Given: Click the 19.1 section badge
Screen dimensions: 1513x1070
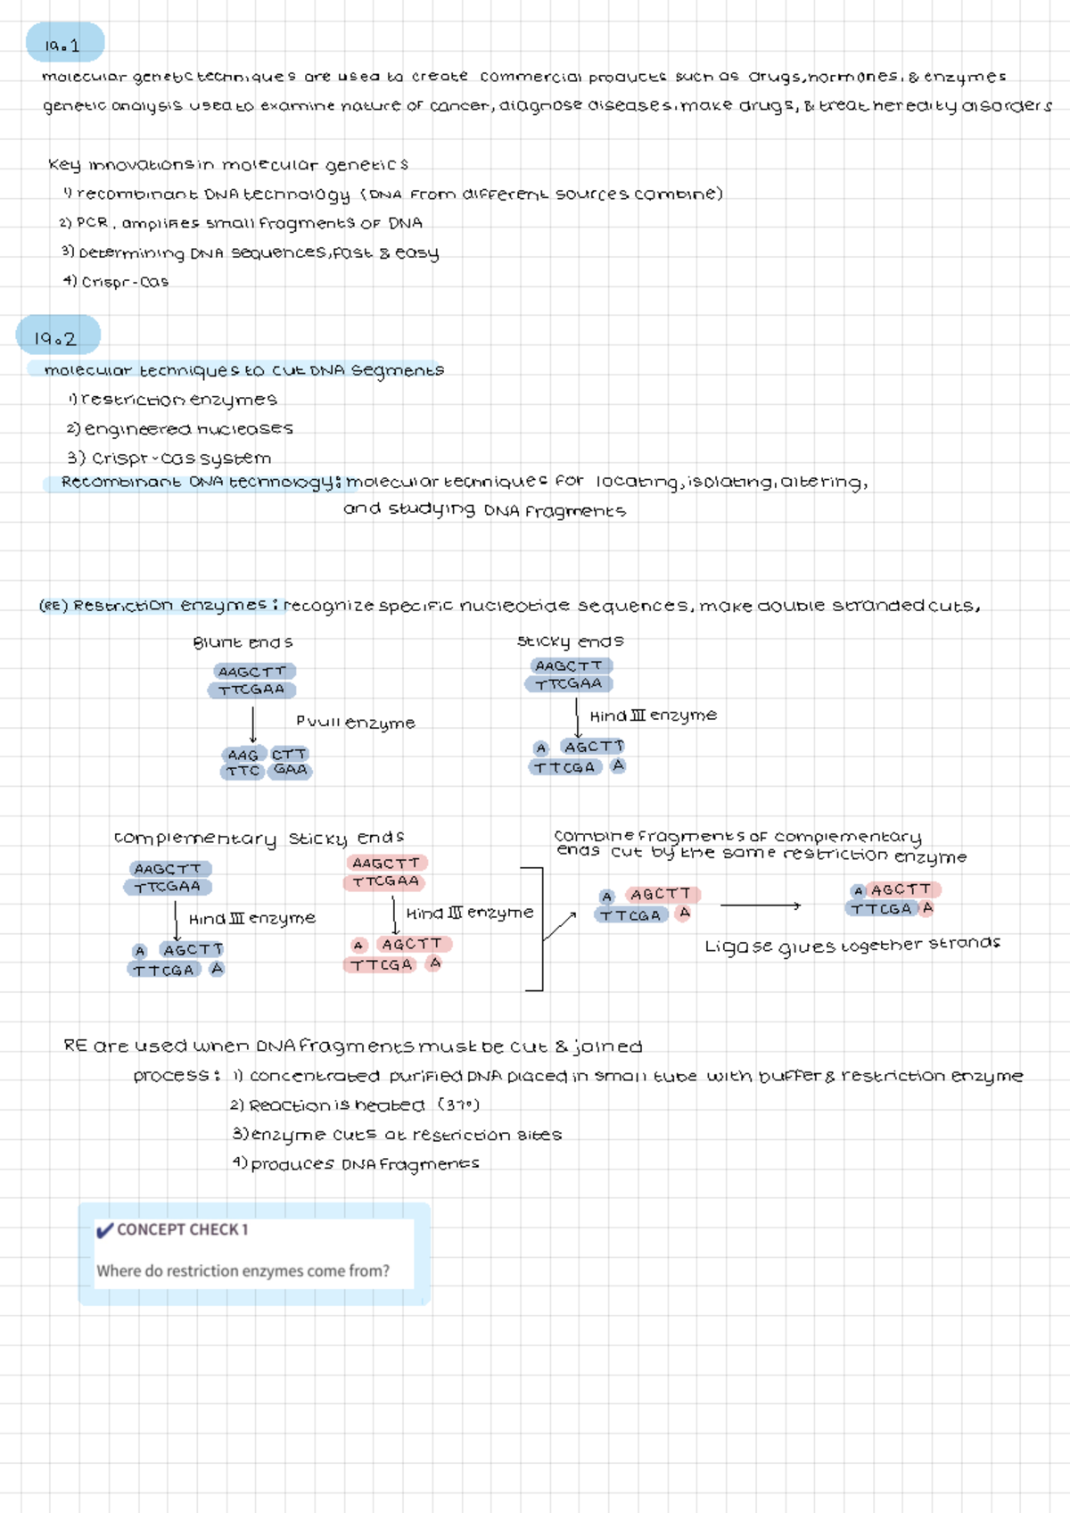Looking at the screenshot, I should [x=64, y=44].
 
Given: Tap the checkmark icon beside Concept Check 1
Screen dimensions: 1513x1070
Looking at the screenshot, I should [x=104, y=1230].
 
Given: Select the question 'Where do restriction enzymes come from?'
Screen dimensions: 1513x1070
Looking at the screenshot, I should [x=243, y=1271].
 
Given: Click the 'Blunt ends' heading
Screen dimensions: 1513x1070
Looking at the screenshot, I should [x=243, y=642].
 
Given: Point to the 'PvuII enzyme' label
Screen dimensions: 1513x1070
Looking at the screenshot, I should [x=355, y=722].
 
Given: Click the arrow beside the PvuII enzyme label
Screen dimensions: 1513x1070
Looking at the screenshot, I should [x=253, y=724].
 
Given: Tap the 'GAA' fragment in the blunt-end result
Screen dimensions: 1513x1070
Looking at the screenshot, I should [x=291, y=770].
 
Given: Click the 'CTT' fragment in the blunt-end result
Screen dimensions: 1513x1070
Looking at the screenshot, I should [x=290, y=755].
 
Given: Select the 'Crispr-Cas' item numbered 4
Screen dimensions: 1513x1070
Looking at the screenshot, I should [x=116, y=282].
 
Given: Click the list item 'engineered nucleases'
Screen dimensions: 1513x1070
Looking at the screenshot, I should [x=181, y=429].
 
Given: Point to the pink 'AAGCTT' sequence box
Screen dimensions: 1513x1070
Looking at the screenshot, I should [x=386, y=863].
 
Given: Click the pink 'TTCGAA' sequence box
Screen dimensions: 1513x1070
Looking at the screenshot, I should [x=385, y=881].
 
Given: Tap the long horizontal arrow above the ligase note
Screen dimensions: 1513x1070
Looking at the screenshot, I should [x=760, y=905].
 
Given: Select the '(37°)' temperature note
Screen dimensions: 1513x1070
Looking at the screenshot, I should [x=458, y=1105].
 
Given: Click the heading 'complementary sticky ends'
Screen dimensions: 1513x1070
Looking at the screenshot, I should [x=259, y=838].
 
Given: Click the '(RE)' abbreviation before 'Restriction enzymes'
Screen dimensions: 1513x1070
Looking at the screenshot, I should [x=53, y=606].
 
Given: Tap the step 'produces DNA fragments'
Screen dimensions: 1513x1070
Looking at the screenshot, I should [x=357, y=1164].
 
